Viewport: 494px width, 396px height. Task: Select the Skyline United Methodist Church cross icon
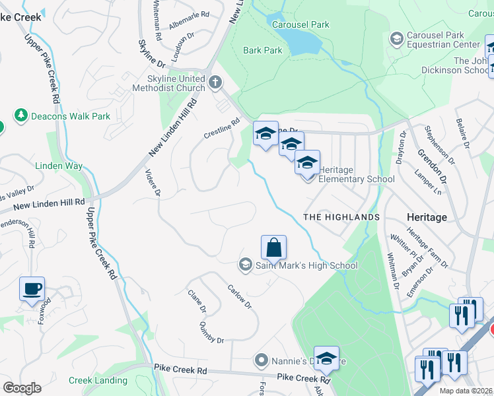click(215, 82)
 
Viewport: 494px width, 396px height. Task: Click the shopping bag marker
click(273, 248)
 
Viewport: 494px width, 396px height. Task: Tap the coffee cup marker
click(32, 289)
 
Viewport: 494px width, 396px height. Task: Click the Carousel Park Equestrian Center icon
click(396, 39)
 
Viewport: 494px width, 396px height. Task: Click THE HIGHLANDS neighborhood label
click(341, 216)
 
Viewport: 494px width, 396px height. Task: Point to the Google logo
click(22, 387)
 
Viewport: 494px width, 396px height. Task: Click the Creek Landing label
click(98, 380)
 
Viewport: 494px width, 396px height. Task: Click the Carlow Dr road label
click(239, 296)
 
